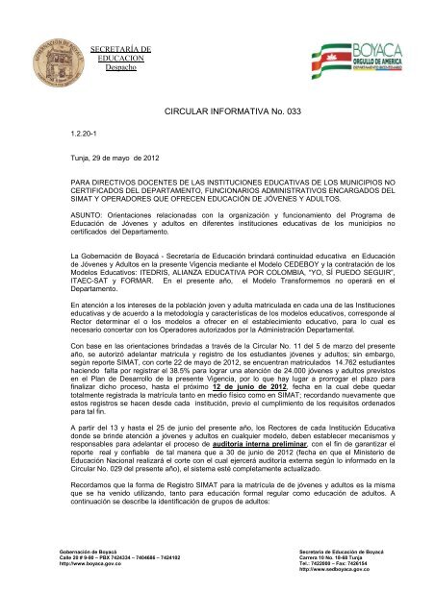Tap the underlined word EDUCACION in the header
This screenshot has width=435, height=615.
pyautogui.click(x=119, y=60)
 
